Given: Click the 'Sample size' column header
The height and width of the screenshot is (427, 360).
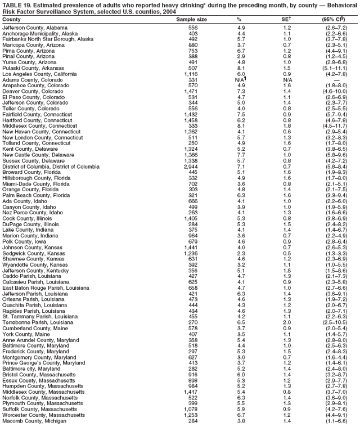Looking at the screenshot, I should [191, 19].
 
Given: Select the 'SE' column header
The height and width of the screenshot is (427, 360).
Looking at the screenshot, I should [287, 19].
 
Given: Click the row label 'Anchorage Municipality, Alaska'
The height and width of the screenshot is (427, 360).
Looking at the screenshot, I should [40, 33].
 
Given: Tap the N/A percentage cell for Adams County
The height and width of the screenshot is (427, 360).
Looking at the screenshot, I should [241, 79].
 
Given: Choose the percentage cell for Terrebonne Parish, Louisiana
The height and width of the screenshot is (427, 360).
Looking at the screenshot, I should [241, 322].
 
